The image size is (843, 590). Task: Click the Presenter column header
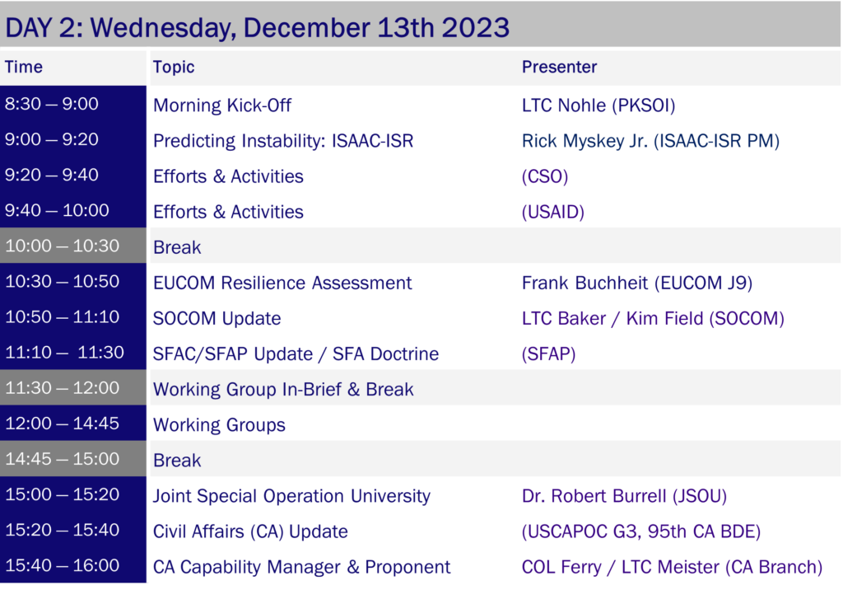[559, 67]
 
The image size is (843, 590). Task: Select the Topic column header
[174, 67]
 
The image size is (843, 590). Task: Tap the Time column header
[24, 67]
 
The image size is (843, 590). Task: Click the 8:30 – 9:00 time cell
[52, 103]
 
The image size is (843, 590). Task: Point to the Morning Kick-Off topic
[222, 105]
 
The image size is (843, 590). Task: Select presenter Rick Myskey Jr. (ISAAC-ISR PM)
[650, 141]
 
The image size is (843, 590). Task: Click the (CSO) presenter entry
[545, 176]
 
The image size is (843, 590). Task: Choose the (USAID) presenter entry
[552, 212]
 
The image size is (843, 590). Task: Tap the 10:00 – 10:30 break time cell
[63, 246]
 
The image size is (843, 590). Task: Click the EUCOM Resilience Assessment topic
[282, 283]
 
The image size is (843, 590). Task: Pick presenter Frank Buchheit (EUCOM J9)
[637, 283]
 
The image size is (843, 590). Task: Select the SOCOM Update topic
[217, 319]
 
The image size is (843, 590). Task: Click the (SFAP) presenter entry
[548, 354]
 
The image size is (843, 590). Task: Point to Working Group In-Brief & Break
[283, 389]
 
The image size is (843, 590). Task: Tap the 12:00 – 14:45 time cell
[62, 423]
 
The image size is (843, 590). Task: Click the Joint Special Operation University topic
[291, 496]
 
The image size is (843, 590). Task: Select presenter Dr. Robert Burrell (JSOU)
[624, 496]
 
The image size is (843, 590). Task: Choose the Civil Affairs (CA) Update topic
[250, 531]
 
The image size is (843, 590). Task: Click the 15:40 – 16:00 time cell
[63, 565]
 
